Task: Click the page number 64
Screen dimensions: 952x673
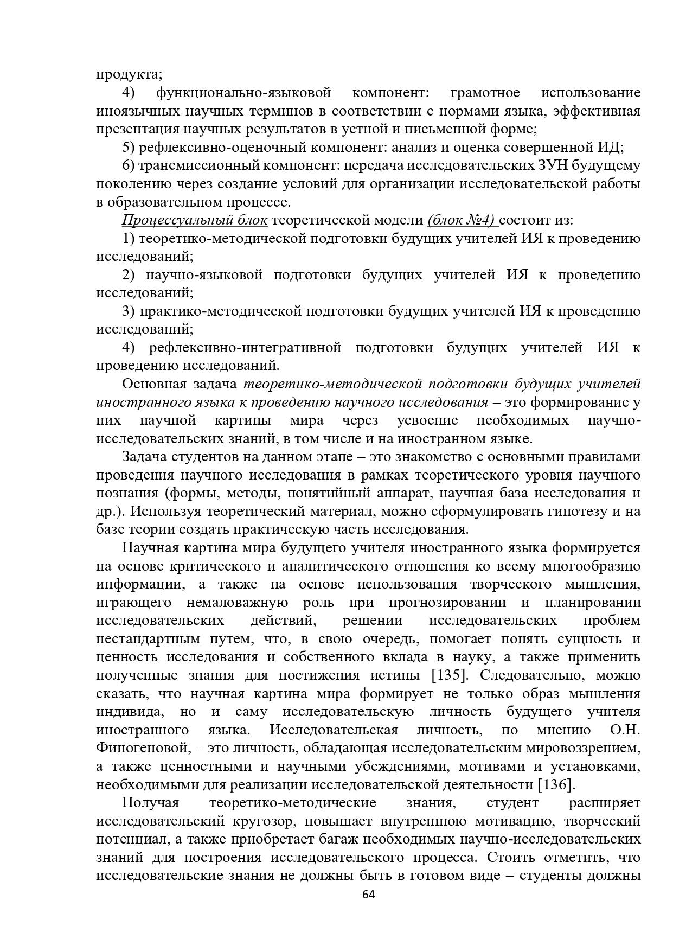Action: click(368, 895)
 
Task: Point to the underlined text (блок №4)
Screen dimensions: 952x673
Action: click(462, 220)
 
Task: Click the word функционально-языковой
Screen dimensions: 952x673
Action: click(243, 93)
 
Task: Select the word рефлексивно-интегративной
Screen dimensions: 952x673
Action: click(245, 348)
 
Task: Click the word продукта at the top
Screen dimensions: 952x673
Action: click(128, 74)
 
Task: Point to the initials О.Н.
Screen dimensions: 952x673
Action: click(625, 730)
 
